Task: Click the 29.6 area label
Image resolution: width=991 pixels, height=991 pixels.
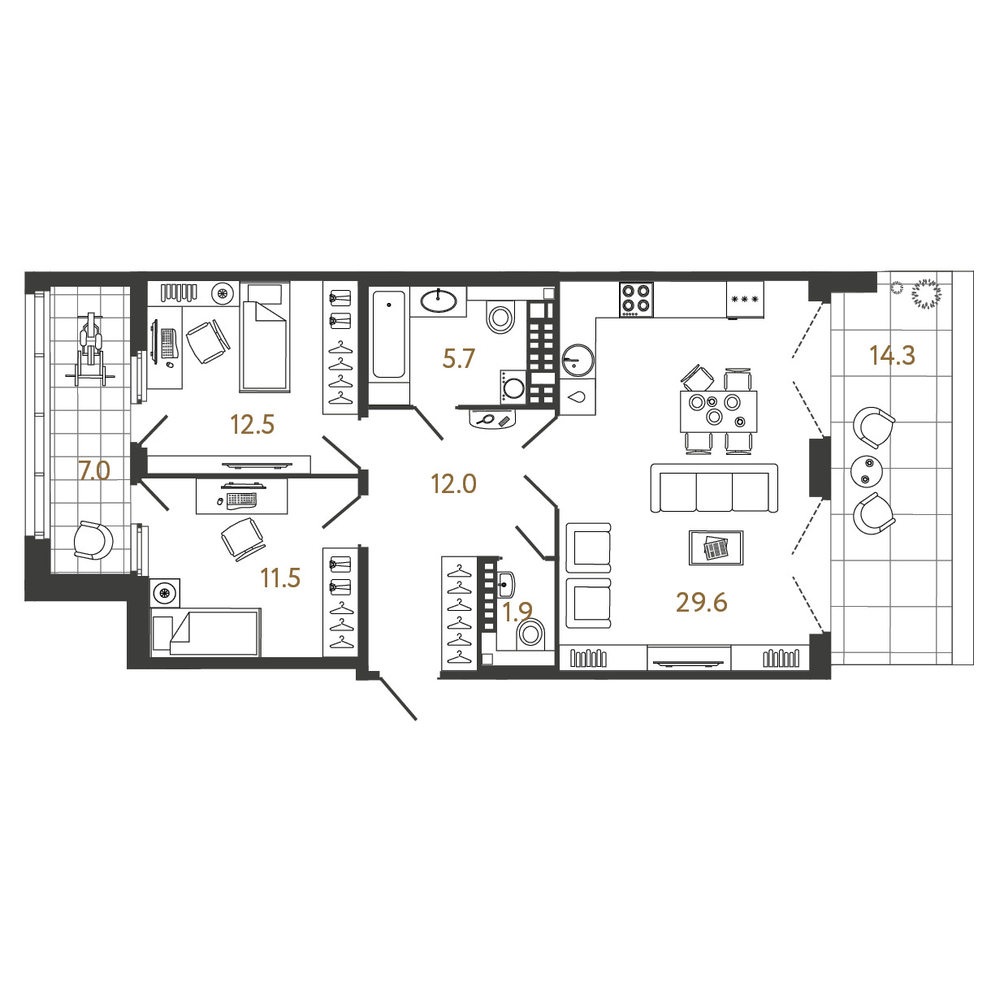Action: tap(701, 602)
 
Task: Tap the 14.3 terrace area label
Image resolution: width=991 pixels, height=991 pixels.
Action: tap(892, 355)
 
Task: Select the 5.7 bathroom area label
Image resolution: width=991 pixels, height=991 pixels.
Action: tap(457, 358)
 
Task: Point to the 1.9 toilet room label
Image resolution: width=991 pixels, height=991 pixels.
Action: tap(517, 612)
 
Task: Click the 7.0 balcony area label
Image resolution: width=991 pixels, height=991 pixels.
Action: tap(94, 470)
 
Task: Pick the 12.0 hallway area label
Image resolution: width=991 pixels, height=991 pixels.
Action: tap(453, 484)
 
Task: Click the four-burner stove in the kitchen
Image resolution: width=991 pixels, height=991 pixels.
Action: tap(636, 299)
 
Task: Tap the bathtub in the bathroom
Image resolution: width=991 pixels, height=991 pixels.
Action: tap(389, 335)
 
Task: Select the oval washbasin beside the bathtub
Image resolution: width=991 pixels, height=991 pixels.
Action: tap(438, 301)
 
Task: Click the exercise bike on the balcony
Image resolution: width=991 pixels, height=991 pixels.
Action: tap(90, 349)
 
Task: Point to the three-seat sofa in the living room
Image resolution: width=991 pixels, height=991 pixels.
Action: tap(714, 487)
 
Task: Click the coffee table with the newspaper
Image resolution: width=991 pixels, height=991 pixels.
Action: tap(716, 547)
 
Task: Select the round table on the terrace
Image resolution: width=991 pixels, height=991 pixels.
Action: tap(867, 471)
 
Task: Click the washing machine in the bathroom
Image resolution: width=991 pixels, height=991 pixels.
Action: tap(513, 386)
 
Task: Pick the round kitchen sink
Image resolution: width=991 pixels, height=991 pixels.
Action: tap(578, 361)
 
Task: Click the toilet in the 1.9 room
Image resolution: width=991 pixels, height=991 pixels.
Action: tap(530, 633)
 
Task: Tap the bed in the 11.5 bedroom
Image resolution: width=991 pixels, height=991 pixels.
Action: tap(206, 632)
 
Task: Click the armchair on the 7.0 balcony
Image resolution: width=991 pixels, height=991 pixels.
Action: tap(93, 540)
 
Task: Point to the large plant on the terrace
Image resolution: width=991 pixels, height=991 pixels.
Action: tap(927, 294)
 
